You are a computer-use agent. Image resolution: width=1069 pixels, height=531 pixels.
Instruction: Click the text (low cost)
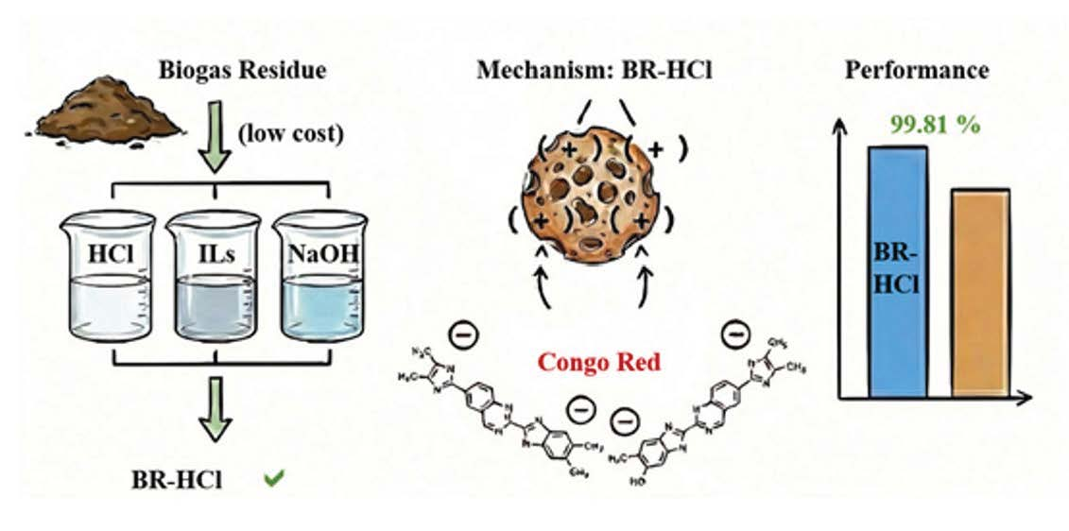coord(288,133)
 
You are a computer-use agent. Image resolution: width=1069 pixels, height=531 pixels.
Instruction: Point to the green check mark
coord(274,479)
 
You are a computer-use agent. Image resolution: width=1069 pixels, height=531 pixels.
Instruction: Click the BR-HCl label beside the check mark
coord(177,480)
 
